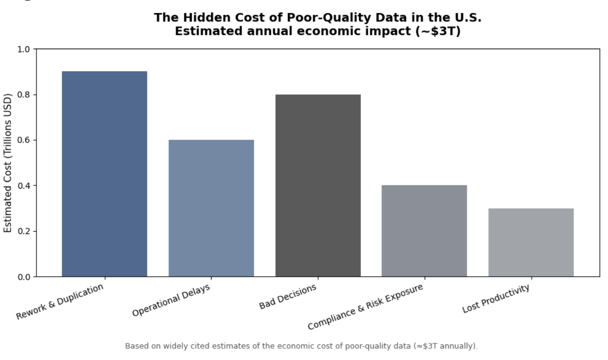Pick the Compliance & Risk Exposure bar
[x=424, y=231]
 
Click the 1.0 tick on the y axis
[x=24, y=49]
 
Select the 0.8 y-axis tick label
[x=24, y=95]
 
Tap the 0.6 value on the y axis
[x=24, y=140]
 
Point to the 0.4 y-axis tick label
[x=24, y=186]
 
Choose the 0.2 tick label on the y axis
[x=24, y=231]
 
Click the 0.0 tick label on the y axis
[x=24, y=277]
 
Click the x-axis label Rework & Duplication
[x=60, y=302]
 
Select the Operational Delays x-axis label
[x=171, y=300]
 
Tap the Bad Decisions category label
[x=287, y=297]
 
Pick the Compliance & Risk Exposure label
[x=365, y=307]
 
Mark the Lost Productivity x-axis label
[x=496, y=299]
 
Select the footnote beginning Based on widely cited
[x=302, y=346]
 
